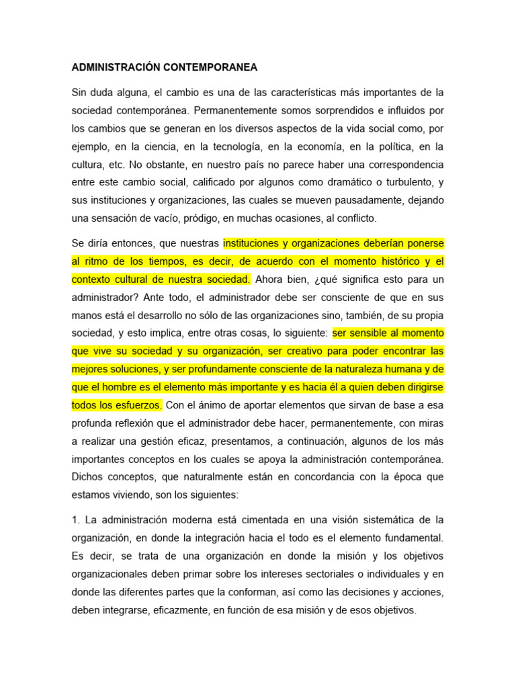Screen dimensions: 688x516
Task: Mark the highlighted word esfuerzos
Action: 139,405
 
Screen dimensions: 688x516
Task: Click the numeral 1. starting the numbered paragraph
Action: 75,520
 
